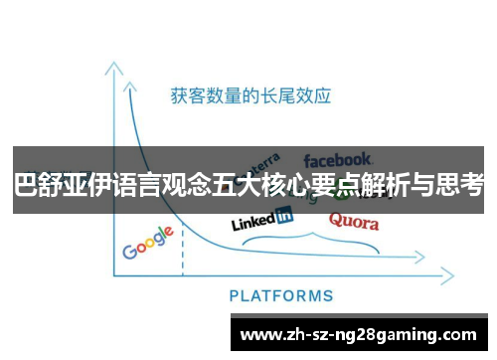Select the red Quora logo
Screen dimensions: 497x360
pyautogui.click(x=354, y=221)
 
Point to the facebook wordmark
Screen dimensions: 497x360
pyautogui.click(x=337, y=159)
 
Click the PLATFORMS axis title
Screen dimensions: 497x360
pyautogui.click(x=281, y=295)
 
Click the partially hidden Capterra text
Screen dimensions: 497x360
pyautogui.click(x=261, y=163)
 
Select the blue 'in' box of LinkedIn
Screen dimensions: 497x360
pyautogui.click(x=283, y=215)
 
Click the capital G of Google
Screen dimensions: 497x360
pyautogui.click(x=130, y=250)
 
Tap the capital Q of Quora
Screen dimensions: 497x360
pyautogui.click(x=336, y=220)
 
